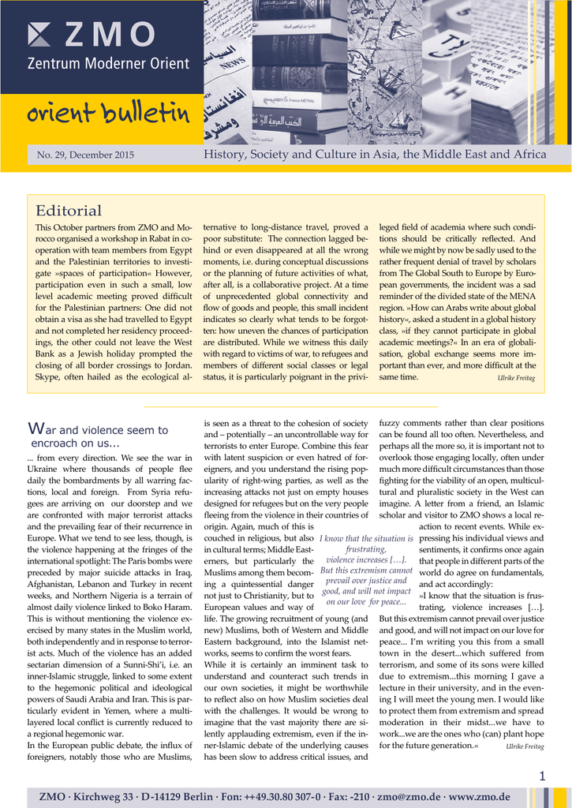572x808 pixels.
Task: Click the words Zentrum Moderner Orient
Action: click(108, 64)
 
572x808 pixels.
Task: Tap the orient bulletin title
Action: click(108, 114)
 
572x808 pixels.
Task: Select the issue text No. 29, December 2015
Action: click(85, 155)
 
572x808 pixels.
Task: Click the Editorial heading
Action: click(69, 211)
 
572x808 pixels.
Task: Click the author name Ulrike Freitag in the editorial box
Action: click(516, 379)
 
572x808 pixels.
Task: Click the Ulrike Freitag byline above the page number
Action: click(525, 746)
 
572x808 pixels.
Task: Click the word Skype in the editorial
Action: click(48, 377)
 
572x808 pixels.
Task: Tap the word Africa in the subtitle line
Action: click(529, 155)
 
